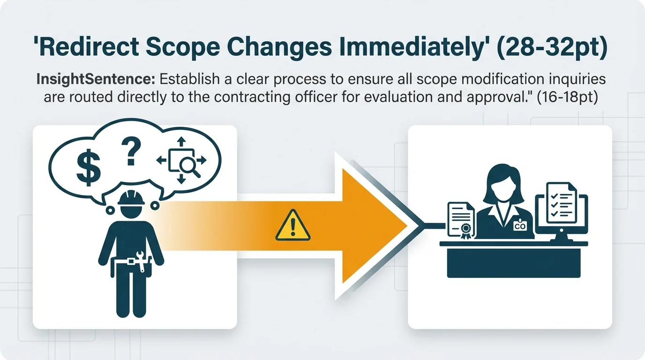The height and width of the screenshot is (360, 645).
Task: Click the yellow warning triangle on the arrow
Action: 293,226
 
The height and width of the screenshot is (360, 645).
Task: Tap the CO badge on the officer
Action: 520,226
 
